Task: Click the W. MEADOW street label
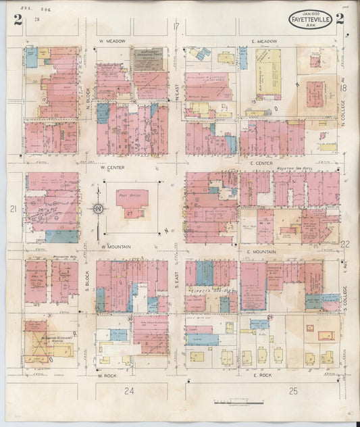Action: pos(112,42)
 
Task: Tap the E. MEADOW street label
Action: pos(264,42)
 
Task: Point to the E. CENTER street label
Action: pos(260,164)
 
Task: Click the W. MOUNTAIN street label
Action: pos(115,247)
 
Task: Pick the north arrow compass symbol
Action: pos(98,209)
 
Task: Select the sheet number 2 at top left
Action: pos(18,19)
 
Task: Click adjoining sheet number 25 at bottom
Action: pos(292,391)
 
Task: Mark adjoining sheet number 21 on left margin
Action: pos(13,210)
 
